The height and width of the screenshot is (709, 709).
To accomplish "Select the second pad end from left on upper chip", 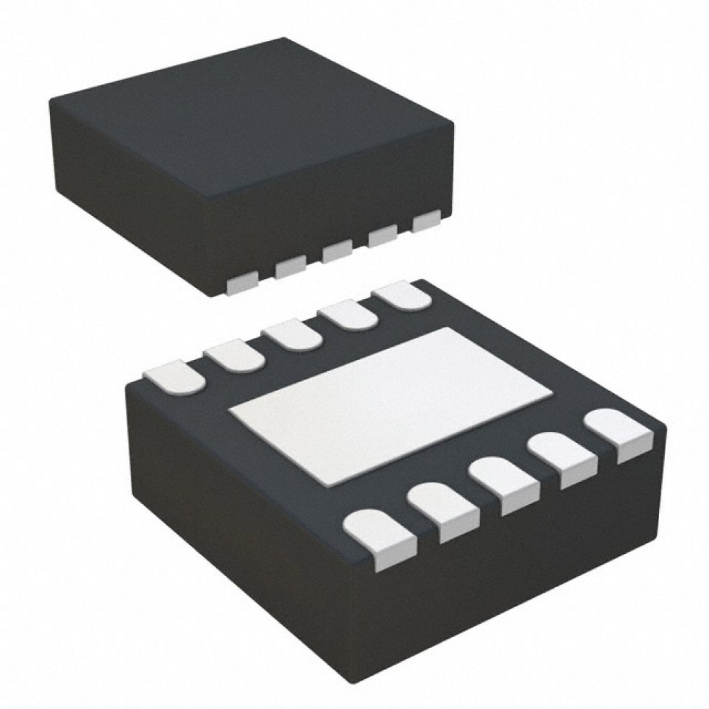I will pyautogui.click(x=290, y=267).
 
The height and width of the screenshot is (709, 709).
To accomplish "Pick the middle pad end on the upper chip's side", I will pyautogui.click(x=336, y=251).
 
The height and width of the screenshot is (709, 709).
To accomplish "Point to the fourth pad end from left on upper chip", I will pyautogui.click(x=382, y=237).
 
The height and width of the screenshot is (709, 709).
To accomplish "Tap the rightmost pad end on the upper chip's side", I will pyautogui.click(x=426, y=222).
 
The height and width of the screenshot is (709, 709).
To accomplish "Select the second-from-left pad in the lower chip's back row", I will pyautogui.click(x=233, y=355).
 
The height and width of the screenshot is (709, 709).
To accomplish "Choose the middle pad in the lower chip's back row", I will pyautogui.click(x=291, y=335).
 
